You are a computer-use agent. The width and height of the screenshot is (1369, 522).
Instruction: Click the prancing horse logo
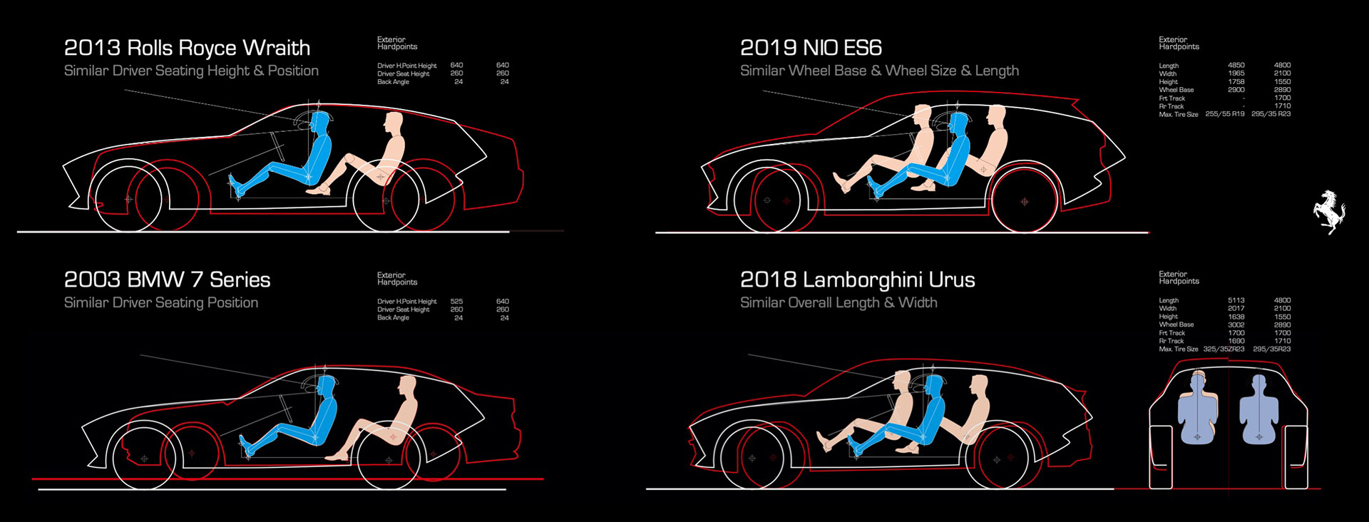coord(1330,212)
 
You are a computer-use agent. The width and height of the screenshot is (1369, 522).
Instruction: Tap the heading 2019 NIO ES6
coord(811,48)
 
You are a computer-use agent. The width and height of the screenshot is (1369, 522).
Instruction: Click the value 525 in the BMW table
coord(456,302)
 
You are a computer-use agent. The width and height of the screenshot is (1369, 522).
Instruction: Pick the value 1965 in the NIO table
coord(1236,73)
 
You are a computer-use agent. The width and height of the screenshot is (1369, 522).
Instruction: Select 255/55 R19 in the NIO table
coord(1224,114)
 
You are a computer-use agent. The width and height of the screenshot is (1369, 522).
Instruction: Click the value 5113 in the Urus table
coord(1236,301)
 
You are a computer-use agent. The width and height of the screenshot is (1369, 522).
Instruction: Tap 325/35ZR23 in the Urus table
coord(1224,349)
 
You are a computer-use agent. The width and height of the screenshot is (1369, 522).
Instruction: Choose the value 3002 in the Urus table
coord(1236,325)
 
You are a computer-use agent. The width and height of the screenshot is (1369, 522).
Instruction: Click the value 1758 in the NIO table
coord(1236,82)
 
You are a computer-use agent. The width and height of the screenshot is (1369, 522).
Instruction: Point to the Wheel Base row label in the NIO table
coord(1176,90)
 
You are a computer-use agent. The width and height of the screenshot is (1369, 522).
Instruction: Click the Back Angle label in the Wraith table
coord(393,82)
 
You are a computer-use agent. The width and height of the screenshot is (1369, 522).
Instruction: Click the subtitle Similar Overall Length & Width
coord(839,302)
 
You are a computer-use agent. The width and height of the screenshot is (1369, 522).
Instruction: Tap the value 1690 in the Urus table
coord(1236,342)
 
